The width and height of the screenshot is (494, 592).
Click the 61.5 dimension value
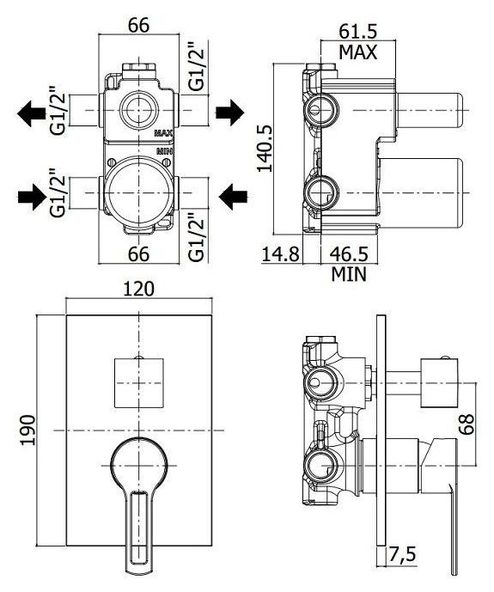click(357, 31)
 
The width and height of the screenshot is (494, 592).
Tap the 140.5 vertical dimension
click(265, 149)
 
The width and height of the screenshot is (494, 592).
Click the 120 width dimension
click(139, 289)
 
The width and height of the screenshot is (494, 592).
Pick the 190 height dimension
click(27, 430)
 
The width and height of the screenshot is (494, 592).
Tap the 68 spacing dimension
click(467, 424)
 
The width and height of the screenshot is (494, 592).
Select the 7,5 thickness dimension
click(402, 554)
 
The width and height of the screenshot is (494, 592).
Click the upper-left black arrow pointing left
click(31, 113)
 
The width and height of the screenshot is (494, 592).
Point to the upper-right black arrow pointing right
click(230, 113)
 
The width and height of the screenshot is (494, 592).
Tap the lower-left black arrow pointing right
click(32, 197)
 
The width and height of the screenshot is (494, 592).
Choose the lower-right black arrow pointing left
click(233, 197)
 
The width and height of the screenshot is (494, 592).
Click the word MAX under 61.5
click(357, 52)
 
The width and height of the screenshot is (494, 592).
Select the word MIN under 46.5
click(349, 274)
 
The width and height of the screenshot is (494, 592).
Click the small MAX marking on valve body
click(164, 133)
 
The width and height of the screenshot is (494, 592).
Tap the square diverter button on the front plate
click(139, 383)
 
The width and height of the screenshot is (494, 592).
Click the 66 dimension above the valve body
click(139, 25)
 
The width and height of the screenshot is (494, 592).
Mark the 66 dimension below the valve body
click(139, 253)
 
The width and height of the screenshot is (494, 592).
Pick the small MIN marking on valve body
click(165, 151)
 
